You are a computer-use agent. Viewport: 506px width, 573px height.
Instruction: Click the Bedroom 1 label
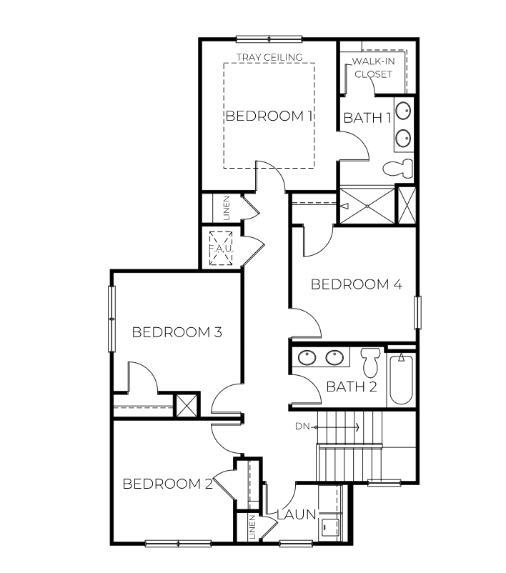(269, 116)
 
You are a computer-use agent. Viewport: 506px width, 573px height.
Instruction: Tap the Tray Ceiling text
(269, 57)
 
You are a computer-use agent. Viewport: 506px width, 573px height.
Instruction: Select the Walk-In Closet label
(372, 68)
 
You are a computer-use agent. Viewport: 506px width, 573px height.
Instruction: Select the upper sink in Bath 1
(404, 111)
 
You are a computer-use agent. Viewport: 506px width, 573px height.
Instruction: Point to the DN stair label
(302, 427)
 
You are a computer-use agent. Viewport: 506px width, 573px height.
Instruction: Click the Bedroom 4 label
(356, 284)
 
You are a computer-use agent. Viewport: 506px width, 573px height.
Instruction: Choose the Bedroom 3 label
(177, 332)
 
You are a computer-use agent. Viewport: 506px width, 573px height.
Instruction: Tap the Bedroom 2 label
(167, 484)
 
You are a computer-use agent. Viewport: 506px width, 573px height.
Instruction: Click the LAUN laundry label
(296, 514)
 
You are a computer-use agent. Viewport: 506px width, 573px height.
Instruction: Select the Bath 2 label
(351, 387)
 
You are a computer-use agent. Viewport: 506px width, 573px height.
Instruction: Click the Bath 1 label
(367, 118)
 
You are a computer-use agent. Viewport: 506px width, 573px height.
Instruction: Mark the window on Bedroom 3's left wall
(111, 318)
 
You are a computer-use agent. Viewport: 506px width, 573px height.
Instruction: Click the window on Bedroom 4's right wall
(418, 312)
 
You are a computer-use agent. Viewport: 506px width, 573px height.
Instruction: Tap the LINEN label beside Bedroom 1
(227, 208)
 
